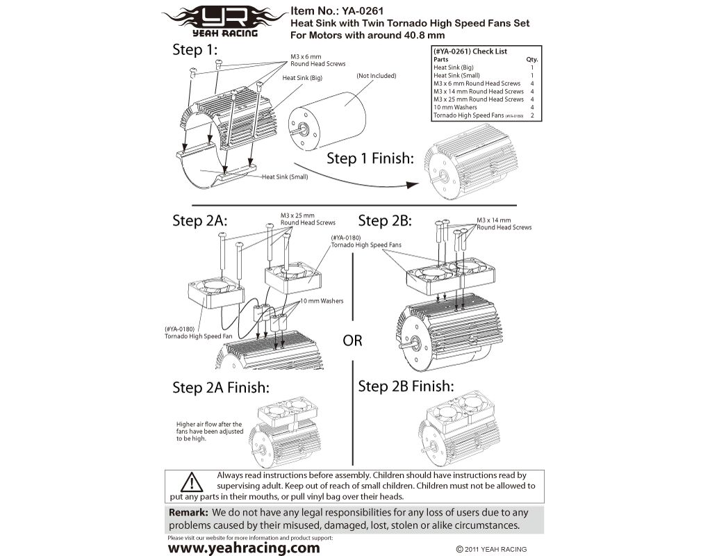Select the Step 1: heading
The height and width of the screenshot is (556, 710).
[195, 50]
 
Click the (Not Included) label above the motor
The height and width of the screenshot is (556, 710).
[376, 76]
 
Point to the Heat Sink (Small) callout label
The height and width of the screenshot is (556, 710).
[285, 177]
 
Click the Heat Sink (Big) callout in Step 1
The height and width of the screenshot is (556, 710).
[302, 78]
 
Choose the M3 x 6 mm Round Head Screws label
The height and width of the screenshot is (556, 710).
[317, 60]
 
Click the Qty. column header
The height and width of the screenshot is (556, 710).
[532, 60]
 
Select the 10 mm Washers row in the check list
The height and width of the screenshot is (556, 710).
[455, 107]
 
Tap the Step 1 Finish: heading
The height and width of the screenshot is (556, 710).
[370, 158]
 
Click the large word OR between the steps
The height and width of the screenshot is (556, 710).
[352, 341]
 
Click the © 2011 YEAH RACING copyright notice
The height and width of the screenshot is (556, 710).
[491, 549]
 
